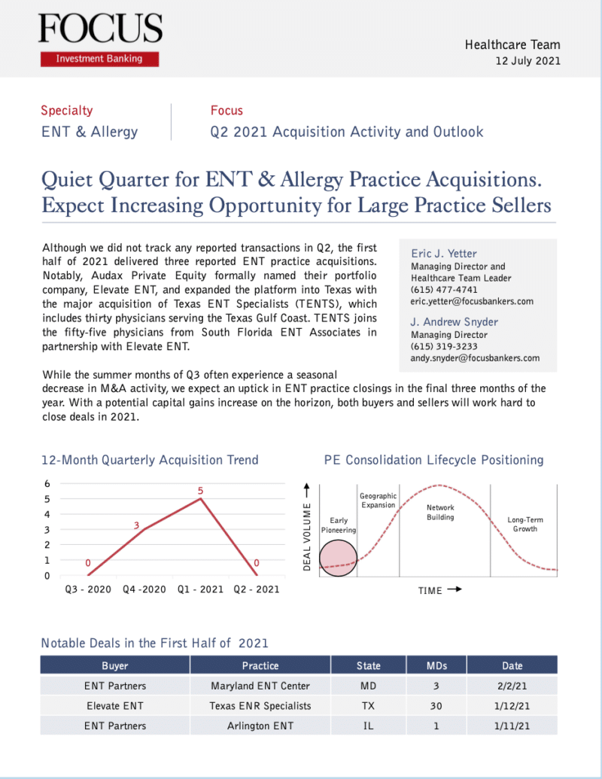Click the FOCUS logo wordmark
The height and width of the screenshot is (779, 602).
point(100,29)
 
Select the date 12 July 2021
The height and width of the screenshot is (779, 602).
point(528,61)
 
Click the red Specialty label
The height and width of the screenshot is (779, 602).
point(67,111)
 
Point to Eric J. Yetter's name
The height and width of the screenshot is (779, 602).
point(444,254)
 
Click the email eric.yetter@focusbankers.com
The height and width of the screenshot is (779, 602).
point(472,301)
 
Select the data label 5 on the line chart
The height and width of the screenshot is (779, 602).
point(201,491)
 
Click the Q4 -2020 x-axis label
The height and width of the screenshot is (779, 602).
point(144,589)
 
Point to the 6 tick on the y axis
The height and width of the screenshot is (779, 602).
point(47,483)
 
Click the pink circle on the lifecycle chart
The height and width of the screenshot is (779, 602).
point(337,558)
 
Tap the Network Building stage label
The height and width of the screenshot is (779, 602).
point(440,513)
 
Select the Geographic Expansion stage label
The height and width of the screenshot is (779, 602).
point(378,501)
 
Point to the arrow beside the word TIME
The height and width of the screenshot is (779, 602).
point(454,590)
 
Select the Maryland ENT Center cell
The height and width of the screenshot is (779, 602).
point(260,686)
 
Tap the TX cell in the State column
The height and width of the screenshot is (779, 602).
point(368,706)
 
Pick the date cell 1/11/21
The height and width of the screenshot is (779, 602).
point(512,726)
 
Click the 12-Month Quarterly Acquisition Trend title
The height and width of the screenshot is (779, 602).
point(150,460)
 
